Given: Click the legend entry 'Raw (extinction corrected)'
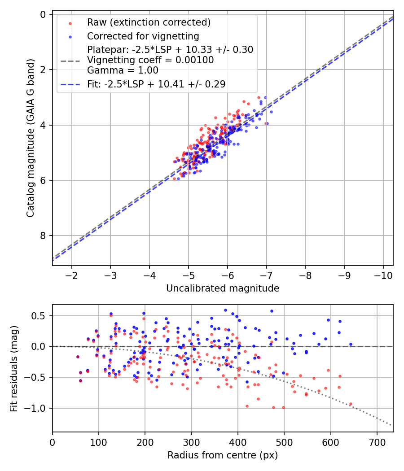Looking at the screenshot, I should point(149,22).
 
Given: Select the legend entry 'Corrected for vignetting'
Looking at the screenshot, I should point(143,36).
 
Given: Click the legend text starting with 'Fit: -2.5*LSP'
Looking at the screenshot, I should point(156,84).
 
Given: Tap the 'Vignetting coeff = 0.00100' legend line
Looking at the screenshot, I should point(150,60).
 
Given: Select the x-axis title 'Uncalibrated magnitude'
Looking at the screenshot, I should point(223,288).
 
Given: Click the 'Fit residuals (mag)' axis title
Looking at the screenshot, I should point(14,368).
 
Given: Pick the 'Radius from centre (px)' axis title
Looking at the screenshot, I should point(223,455).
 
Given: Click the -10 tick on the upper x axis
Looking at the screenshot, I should point(383,275).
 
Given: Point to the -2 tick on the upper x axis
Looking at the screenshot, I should point(71,275).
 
